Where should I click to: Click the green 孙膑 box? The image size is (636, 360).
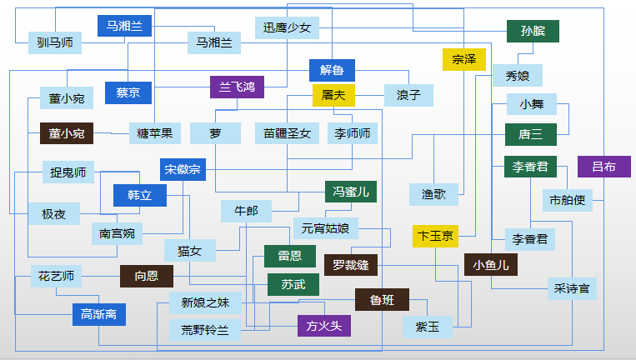533,31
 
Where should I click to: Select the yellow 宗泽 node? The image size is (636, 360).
464,60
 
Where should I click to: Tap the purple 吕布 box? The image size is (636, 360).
604,167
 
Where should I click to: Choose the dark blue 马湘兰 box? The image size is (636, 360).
124,26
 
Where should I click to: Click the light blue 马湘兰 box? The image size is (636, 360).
213,43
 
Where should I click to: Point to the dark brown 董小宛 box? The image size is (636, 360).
67,133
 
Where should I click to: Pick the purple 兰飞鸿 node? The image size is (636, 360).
237,87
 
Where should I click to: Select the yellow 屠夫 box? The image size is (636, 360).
333,95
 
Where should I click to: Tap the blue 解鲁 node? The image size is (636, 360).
332,71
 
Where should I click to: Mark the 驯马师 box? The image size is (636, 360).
55,43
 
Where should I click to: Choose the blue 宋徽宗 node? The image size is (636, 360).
183,169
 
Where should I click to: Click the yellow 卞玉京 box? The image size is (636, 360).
435,237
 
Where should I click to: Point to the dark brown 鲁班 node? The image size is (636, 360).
382,300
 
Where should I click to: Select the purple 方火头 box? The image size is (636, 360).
324,326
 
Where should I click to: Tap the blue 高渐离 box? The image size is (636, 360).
99,315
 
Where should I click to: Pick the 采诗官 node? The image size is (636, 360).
572,288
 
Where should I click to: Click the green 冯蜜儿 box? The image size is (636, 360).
351,192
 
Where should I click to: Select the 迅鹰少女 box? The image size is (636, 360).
287,28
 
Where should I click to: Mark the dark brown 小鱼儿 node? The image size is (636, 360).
491,265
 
